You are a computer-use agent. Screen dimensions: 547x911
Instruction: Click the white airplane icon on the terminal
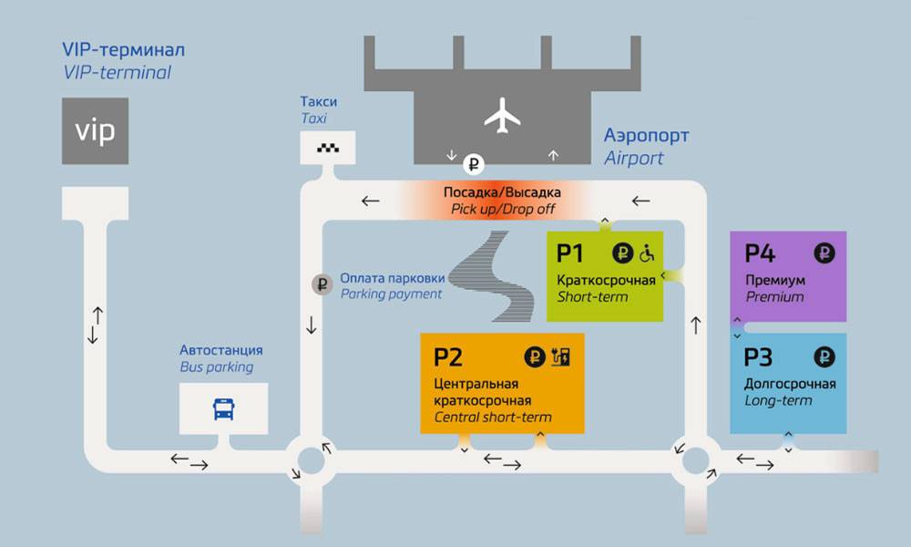point(502,117)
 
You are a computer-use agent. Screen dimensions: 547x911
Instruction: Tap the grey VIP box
point(95,131)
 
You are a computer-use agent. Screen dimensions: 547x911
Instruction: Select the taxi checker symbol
point(327,147)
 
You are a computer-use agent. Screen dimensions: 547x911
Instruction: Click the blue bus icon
point(223,408)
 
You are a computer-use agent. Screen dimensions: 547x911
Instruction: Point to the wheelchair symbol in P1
point(647,253)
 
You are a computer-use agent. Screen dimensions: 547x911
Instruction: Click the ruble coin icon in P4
point(824,253)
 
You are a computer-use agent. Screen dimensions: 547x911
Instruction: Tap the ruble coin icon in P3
point(824,357)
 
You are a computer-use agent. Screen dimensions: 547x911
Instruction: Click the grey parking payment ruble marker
point(322,284)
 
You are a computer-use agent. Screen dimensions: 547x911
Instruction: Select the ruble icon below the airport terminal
point(474,165)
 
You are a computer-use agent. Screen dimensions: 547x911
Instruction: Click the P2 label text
point(448,357)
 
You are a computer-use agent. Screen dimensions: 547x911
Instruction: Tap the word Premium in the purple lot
point(774,296)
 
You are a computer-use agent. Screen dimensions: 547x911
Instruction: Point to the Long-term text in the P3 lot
point(778,400)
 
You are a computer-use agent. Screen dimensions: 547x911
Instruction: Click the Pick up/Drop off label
point(502,209)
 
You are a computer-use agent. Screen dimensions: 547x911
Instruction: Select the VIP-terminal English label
point(116,73)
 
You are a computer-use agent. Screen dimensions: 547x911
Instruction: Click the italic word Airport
point(634,158)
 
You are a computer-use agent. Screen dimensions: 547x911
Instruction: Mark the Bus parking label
point(216,367)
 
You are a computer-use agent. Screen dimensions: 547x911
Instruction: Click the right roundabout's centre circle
point(696,460)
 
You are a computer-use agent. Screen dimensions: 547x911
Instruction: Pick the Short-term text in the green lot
point(593,296)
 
